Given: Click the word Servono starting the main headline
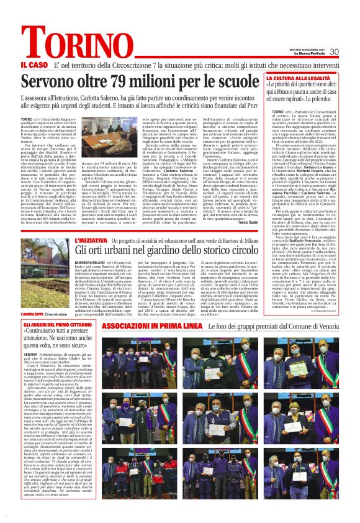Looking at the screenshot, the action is point(50,81).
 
